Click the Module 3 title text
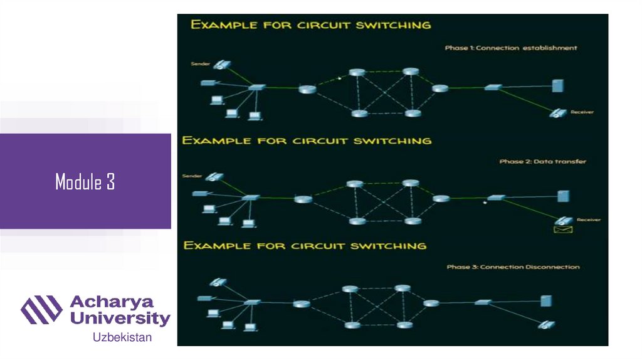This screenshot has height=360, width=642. (85, 183)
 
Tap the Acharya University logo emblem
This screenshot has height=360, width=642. (41, 310)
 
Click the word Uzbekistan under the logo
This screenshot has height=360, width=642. (122, 337)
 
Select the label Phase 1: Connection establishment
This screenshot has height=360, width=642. (511, 48)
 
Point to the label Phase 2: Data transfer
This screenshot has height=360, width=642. (543, 162)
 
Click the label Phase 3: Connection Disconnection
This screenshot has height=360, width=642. (513, 267)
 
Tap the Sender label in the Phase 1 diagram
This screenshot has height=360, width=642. (199, 64)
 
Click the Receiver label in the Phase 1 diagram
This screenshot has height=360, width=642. (582, 112)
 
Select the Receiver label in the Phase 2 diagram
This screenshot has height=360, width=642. (589, 220)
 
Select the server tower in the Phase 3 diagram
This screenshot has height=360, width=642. (546, 300)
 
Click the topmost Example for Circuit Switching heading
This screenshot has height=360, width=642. (311, 25)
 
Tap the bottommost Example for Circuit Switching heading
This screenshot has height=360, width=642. (305, 245)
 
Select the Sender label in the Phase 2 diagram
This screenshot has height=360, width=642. (191, 176)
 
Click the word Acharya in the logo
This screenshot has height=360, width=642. (113, 302)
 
